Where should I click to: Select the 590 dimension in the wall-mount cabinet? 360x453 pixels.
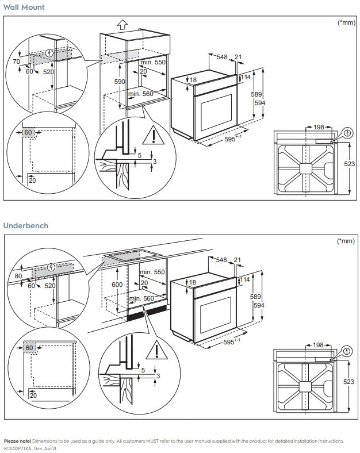tap(119, 82)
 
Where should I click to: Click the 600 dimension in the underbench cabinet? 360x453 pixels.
tap(117, 285)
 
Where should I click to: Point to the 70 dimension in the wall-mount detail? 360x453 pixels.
tap(16, 61)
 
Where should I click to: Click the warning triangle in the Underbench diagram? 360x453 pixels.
tap(153, 351)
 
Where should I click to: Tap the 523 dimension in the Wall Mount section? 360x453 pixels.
tap(349, 164)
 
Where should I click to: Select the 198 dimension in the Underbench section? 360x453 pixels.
tap(317, 345)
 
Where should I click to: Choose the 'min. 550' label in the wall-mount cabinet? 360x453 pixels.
tap(153, 62)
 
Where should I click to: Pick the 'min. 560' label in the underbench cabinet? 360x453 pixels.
tap(143, 298)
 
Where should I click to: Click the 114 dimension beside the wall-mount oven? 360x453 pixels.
tap(246, 77)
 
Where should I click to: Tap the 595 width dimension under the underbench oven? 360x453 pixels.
tap(229, 342)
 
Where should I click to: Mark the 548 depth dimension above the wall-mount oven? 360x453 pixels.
tap(221, 56)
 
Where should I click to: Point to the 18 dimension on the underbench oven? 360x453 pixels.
tap(193, 282)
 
